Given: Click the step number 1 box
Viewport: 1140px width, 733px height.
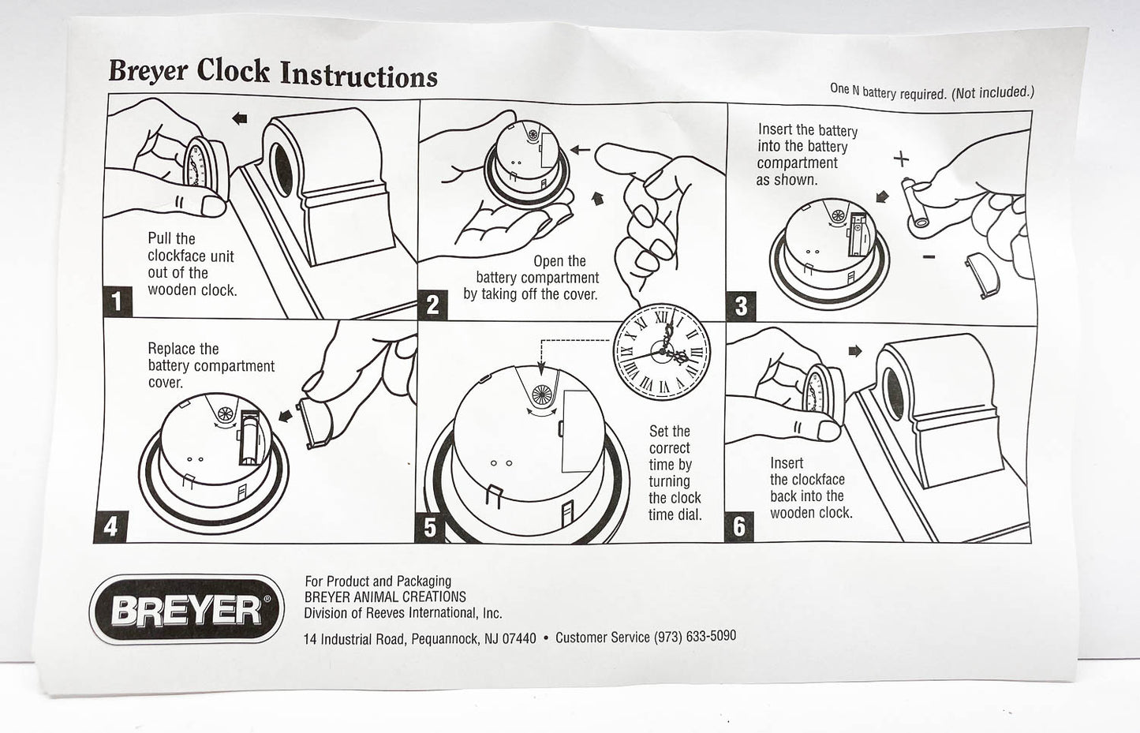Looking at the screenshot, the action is coord(118,301).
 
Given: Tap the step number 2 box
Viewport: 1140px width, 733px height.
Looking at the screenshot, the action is coord(432,305).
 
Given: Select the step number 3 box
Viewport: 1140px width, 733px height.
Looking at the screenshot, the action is coord(741,306).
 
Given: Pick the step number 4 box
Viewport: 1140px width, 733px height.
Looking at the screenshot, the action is coord(110,526).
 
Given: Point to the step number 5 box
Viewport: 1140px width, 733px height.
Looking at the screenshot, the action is coord(431,527).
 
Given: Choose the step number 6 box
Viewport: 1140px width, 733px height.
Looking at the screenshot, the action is coord(738,527).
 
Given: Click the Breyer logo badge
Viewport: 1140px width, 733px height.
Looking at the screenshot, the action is coord(187,609).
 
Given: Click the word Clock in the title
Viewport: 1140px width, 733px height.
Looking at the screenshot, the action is coord(233,71).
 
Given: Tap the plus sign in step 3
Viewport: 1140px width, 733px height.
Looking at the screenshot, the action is coord(901,159).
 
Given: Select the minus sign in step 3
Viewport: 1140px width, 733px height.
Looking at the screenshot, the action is coord(929,257).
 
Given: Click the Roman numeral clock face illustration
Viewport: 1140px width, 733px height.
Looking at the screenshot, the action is coord(662,352).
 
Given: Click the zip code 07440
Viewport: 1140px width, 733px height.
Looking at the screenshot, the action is coord(519,638).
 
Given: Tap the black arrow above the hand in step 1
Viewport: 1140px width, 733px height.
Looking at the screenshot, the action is coord(239,118).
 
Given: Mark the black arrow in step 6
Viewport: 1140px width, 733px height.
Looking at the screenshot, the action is coord(855,351).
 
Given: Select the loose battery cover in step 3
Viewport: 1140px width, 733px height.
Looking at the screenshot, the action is coord(982,275).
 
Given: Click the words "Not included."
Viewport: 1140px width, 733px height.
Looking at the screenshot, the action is coord(993,92).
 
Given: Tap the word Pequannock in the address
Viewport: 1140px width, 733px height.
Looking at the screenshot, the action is coord(445,638).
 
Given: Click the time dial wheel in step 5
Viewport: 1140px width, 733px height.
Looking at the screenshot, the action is coord(542,395).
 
